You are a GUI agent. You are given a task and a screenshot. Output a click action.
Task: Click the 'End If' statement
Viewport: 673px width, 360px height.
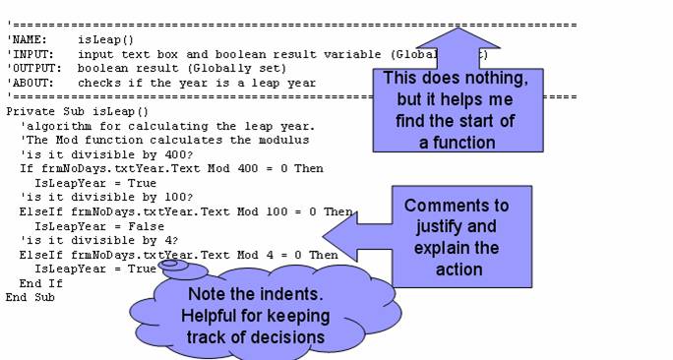click(x=36, y=282)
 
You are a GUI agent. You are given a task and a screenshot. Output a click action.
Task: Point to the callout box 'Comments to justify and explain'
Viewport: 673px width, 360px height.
click(x=457, y=237)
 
